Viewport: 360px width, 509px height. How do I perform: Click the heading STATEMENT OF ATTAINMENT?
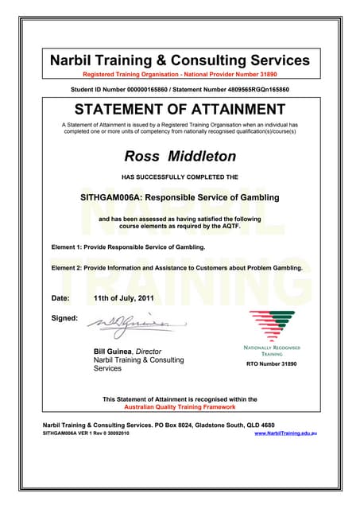(x=180, y=109)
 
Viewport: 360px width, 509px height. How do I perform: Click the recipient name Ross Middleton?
(x=180, y=155)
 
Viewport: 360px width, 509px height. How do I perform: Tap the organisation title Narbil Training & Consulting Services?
(x=180, y=60)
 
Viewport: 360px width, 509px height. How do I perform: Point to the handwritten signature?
(x=131, y=323)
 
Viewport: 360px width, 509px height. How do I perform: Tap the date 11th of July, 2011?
(x=124, y=298)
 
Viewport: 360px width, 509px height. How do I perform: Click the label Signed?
(x=64, y=319)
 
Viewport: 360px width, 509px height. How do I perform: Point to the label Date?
(x=60, y=298)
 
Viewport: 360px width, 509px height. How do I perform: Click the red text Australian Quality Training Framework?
(x=180, y=407)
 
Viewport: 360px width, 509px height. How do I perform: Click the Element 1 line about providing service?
(x=128, y=247)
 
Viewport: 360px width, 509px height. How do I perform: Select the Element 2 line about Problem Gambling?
(x=176, y=269)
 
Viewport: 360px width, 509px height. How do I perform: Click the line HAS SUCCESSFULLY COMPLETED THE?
(x=180, y=176)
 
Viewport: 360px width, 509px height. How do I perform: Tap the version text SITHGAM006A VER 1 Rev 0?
(x=76, y=434)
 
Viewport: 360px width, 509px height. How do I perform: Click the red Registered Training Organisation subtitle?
(x=180, y=74)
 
